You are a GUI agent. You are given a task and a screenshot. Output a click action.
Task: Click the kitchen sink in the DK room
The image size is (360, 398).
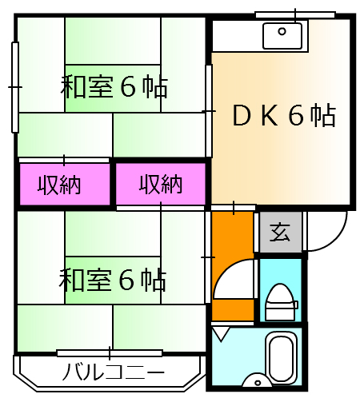(282, 35)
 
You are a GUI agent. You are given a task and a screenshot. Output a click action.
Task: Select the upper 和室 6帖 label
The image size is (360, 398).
(113, 86)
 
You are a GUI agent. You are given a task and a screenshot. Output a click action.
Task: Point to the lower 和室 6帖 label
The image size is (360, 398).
(113, 280)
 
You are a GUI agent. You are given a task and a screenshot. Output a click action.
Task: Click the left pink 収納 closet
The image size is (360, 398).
(64, 185)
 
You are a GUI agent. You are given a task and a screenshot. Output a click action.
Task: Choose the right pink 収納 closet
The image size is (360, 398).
(161, 185)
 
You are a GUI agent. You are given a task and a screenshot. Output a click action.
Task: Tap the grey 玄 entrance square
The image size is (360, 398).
(280, 233)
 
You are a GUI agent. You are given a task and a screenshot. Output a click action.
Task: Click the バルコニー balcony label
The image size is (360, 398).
(113, 372)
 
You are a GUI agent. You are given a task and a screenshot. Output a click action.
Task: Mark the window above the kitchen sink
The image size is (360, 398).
(294, 14)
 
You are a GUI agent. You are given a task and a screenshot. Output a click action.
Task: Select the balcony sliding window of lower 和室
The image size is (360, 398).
(110, 352)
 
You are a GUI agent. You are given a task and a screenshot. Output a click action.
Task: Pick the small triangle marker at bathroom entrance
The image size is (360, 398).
(222, 332)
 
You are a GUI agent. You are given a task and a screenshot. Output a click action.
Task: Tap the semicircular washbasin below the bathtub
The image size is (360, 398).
(258, 381)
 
